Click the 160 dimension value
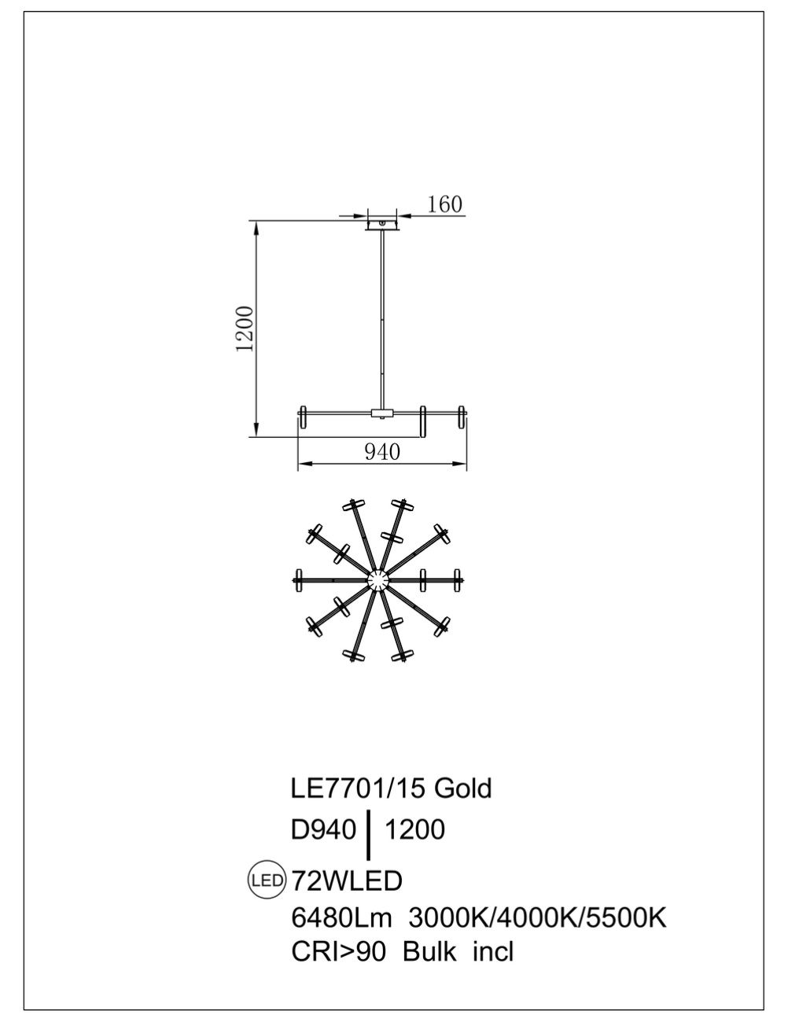point(445,204)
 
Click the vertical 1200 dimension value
point(246,329)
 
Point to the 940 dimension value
point(382,452)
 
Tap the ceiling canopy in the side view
point(383,225)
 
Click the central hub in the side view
point(382,413)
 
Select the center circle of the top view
point(379,580)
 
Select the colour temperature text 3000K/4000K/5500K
point(538,917)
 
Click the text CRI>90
point(338,952)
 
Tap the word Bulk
point(429,952)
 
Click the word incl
point(493,952)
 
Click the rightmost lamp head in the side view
point(462,417)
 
